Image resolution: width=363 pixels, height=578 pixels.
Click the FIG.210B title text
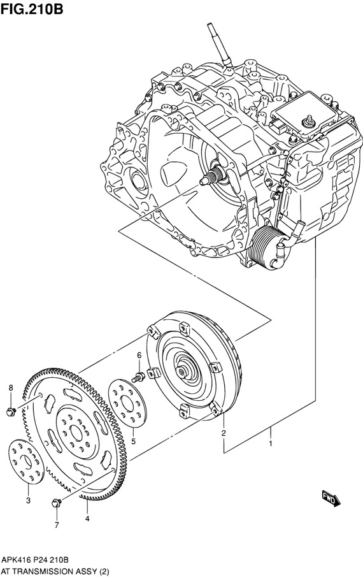[x=32, y=8]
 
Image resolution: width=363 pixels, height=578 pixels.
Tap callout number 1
[x=271, y=444]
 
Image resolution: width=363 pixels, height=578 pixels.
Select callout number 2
[x=224, y=433]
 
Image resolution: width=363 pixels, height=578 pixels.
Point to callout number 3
[x=29, y=500]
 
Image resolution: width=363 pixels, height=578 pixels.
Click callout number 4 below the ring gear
[x=87, y=519]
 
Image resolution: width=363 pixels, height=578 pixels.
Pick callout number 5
[x=133, y=441]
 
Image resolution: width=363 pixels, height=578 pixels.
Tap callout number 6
[x=139, y=356]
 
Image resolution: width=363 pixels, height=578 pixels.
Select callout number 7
[x=57, y=525]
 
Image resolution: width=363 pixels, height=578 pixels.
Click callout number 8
[x=11, y=388]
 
